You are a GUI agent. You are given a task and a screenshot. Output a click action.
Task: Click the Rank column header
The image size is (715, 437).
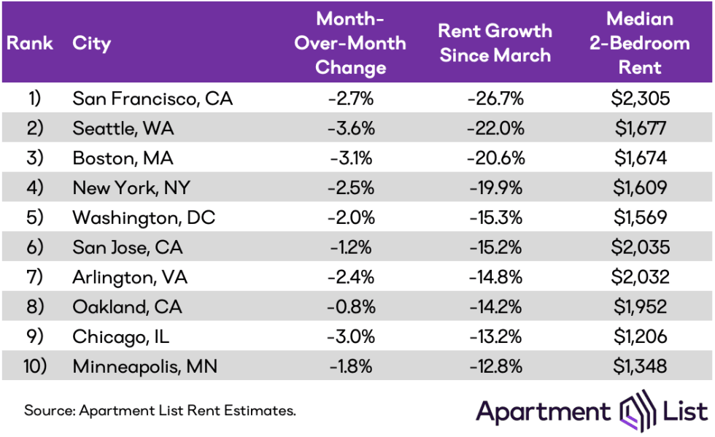30,43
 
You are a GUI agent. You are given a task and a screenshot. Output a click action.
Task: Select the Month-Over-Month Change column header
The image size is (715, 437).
350,42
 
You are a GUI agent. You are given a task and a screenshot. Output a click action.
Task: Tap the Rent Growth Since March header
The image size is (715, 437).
495,43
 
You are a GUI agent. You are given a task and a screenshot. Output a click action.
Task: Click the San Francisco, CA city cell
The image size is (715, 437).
152,98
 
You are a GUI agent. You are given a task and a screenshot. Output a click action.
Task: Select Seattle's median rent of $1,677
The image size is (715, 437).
641,128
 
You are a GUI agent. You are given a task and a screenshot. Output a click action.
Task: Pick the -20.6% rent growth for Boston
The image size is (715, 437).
495,158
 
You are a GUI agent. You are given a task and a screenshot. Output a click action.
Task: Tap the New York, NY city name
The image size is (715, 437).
131,187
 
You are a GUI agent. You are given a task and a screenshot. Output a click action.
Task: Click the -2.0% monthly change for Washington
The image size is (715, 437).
350,217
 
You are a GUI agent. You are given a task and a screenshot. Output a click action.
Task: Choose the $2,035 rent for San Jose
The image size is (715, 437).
641,247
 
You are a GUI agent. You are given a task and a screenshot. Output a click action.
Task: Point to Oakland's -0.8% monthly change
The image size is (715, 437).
350,306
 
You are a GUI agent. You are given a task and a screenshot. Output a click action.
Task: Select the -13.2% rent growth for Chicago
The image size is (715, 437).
495,336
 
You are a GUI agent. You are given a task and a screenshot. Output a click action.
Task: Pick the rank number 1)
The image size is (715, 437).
34,98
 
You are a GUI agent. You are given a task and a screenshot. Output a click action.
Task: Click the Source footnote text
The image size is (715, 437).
160,411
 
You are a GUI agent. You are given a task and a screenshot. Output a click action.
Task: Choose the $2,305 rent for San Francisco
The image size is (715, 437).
641,98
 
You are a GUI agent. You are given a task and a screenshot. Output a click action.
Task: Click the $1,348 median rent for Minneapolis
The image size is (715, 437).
641,366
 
